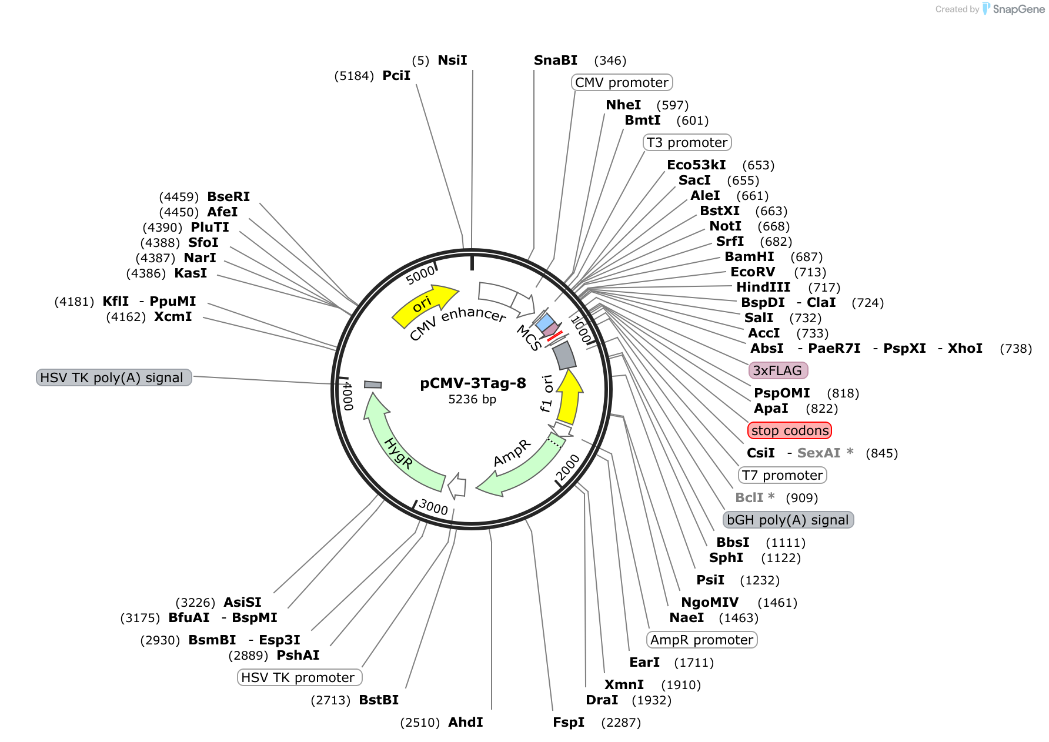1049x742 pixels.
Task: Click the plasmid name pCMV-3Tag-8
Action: coord(473,383)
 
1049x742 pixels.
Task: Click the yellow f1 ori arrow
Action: coord(569,397)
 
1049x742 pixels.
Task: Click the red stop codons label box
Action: coord(790,430)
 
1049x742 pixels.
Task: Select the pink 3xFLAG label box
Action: coord(778,370)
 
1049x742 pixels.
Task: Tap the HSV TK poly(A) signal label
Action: coord(114,377)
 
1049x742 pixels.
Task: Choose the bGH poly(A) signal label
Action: coord(788,520)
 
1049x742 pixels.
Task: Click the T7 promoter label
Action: coord(782,475)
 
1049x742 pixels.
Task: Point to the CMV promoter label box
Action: coord(622,82)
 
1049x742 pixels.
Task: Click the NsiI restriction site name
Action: coord(452,60)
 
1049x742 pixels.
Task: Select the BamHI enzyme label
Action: coord(749,256)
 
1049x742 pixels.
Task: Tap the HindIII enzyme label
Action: coord(763,287)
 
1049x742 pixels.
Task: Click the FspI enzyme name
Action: coord(569,722)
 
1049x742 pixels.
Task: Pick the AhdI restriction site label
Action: coord(466,722)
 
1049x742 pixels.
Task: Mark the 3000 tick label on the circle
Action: coord(433,507)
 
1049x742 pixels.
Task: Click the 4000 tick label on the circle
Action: coord(348,396)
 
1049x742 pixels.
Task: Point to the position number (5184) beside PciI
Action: coord(354,76)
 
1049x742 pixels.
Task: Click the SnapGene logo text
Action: coord(1018,9)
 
